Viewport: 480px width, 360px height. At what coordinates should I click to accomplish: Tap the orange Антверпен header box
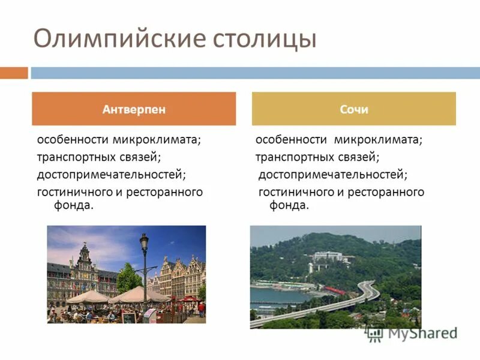point(134,109)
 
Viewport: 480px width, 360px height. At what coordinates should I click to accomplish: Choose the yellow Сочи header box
point(354,109)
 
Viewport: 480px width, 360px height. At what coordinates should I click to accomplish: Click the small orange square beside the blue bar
point(13,73)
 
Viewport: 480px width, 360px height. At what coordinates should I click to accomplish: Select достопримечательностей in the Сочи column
point(332,175)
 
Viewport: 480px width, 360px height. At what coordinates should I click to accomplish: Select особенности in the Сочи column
point(292,140)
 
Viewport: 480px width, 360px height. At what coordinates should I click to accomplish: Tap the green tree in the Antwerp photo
point(129,279)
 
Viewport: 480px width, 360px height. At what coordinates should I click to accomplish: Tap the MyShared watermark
point(414,332)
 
